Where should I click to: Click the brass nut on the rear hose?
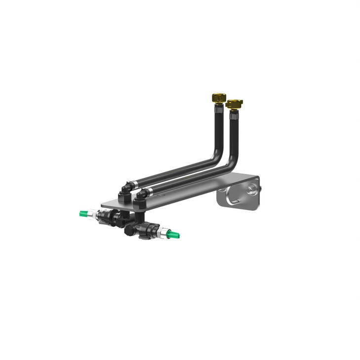pyautogui.click(x=219, y=96)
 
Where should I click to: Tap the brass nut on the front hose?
pyautogui.click(x=233, y=104)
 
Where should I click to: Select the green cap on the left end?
pyautogui.click(x=85, y=214)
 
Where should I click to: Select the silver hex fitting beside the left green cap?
pyautogui.click(x=95, y=215)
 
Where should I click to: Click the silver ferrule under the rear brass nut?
pyautogui.click(x=219, y=108)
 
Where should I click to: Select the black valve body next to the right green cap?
pyautogui.click(x=148, y=230)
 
